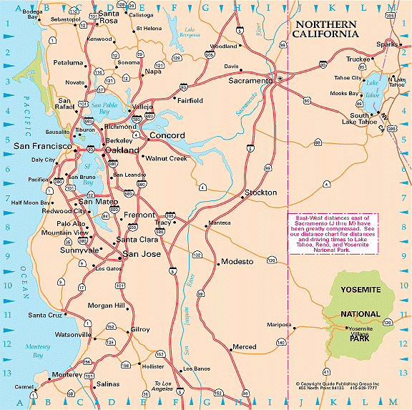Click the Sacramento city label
tap(250, 81)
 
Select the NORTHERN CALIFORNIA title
tap(325, 29)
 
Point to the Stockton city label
tap(260, 193)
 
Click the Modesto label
tap(237, 262)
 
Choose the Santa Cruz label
tap(45, 315)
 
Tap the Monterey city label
tap(67, 374)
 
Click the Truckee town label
tap(358, 59)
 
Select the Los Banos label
tap(197, 368)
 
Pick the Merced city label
tap(244, 347)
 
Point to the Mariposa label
tap(280, 324)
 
